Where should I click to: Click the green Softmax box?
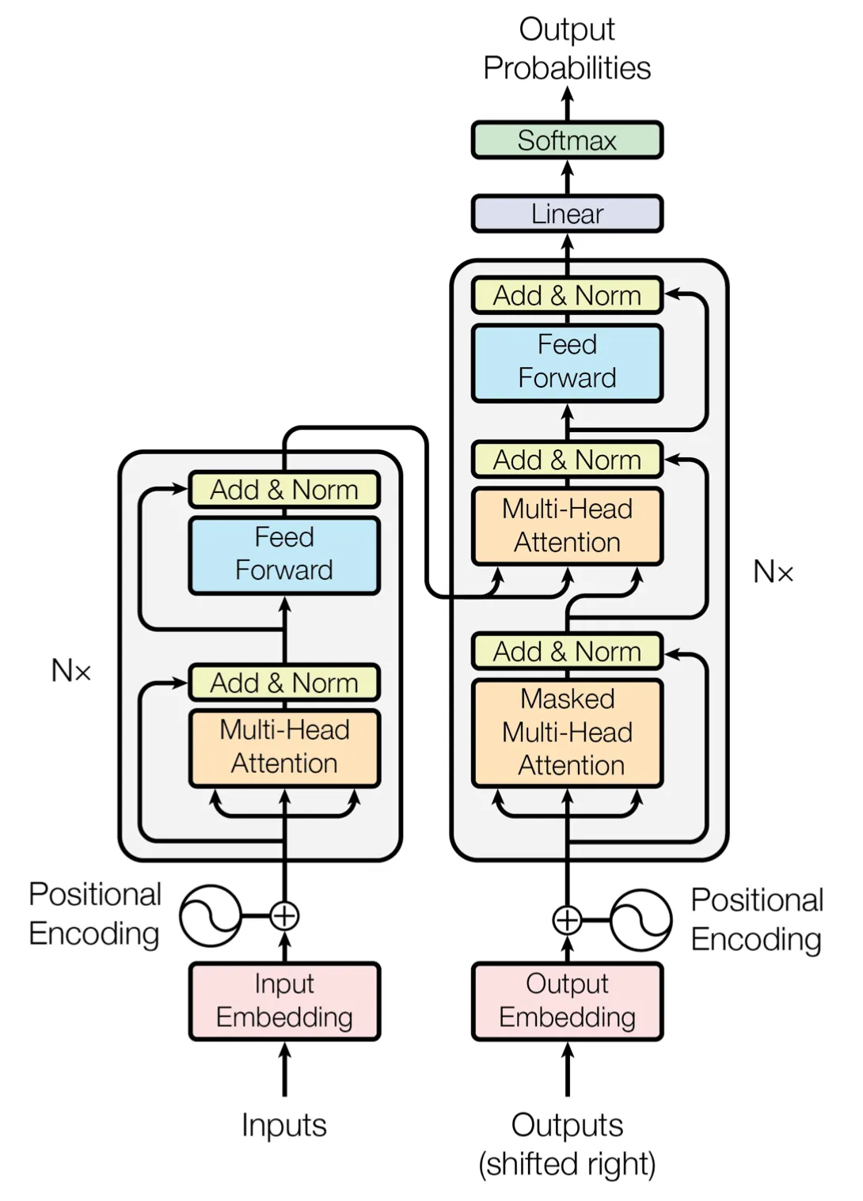click(x=567, y=140)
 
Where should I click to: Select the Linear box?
click(x=567, y=214)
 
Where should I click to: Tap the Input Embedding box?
click(x=284, y=1001)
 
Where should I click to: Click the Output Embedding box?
click(x=567, y=1001)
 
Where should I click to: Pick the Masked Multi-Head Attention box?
click(x=567, y=733)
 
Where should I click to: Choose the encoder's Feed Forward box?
click(x=284, y=555)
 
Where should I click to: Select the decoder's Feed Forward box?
click(x=567, y=362)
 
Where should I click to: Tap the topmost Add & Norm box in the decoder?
click(x=567, y=295)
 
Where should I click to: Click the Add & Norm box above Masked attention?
click(x=567, y=651)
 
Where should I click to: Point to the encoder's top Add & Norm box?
click(x=284, y=490)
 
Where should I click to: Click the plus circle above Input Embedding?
click(x=284, y=916)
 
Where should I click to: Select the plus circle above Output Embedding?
click(x=567, y=920)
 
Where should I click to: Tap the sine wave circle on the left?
click(x=210, y=916)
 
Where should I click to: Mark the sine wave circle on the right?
click(x=641, y=920)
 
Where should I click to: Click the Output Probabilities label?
click(x=567, y=49)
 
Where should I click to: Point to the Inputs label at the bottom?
click(x=284, y=1125)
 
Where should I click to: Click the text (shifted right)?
click(x=567, y=1164)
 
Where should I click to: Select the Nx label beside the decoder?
click(x=773, y=571)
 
